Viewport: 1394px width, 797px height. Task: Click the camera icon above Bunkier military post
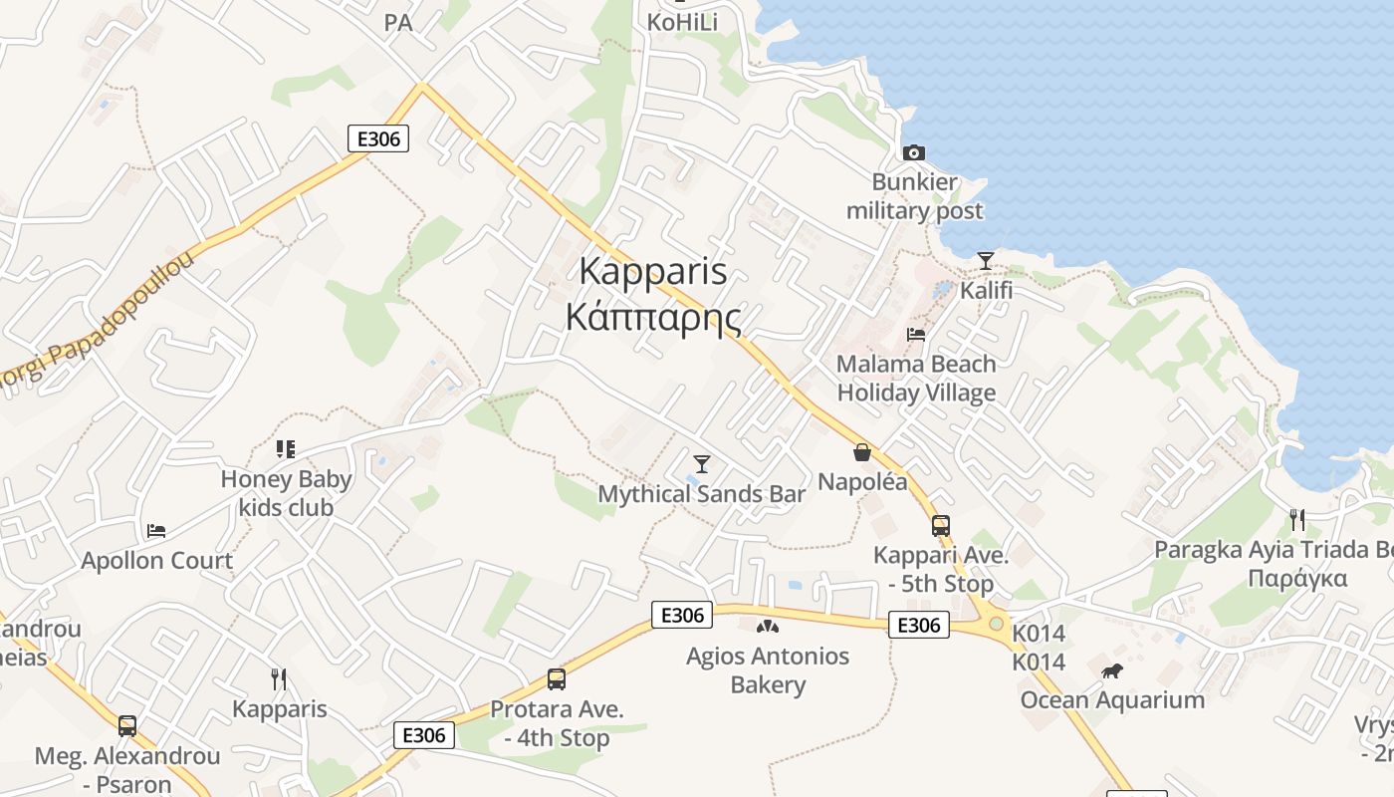coord(913,152)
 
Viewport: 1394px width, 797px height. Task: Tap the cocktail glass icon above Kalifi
coord(986,260)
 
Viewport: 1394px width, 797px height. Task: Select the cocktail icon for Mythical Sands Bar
coord(702,463)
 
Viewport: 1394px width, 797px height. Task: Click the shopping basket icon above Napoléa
coord(862,452)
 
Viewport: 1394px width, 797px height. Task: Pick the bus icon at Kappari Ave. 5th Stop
coord(941,525)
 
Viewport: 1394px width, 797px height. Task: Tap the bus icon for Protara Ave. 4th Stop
coord(557,679)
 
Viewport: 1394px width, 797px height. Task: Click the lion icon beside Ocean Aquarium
coord(1112,670)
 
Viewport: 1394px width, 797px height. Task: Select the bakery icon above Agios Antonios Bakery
coord(767,627)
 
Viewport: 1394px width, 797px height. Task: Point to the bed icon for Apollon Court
coord(156,530)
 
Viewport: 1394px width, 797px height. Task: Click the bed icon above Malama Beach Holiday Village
coord(916,334)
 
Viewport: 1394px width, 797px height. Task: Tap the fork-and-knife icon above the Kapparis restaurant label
coord(279,679)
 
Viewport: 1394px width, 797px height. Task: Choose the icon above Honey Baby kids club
coord(287,449)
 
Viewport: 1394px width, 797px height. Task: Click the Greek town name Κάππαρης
coord(653,318)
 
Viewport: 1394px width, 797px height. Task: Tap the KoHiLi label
coord(682,22)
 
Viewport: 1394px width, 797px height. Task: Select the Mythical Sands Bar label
coord(701,493)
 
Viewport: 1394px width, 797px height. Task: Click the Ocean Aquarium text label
coord(1112,699)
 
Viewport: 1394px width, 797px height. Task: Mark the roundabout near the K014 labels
coord(996,623)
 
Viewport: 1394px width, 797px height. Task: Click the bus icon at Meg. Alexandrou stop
coord(127,726)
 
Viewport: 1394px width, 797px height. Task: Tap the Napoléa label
coord(862,482)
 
